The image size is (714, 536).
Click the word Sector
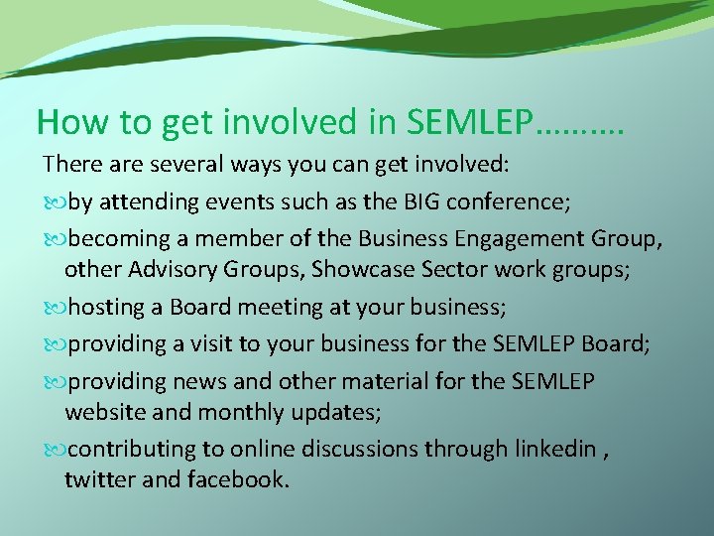pyautogui.click(x=430, y=271)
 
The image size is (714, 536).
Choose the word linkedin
pyautogui.click(x=554, y=449)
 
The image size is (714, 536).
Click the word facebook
pyautogui.click(x=236, y=480)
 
